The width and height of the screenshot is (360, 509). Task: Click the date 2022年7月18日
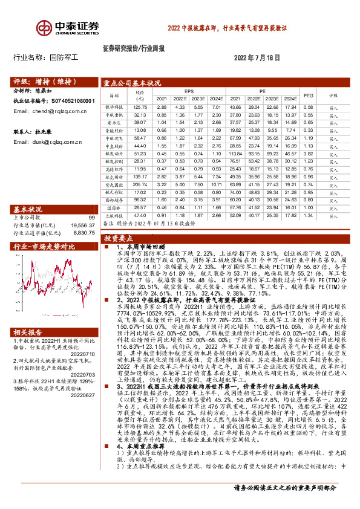pos(257,58)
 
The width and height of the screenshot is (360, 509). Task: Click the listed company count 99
pos(92,218)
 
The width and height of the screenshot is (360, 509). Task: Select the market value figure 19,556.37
pos(83,224)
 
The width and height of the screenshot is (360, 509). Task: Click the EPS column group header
pos(189,91)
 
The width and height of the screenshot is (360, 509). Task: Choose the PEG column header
pos(307,95)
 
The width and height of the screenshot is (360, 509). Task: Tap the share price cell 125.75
pos(140,106)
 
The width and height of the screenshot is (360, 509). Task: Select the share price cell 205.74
pos(140,184)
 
